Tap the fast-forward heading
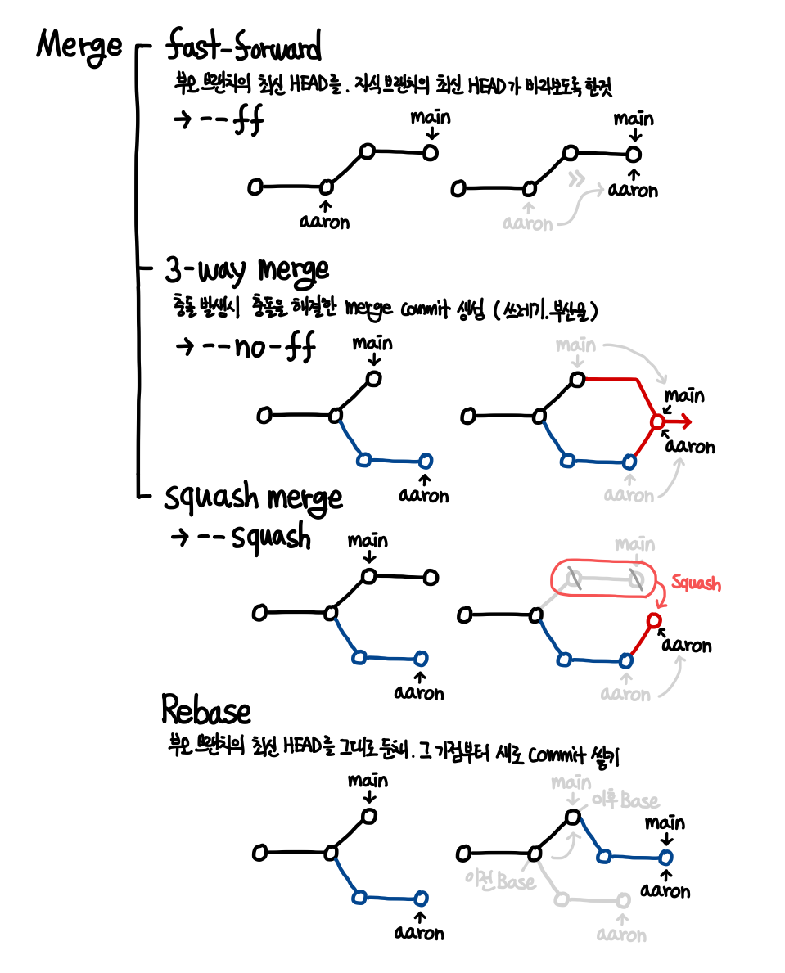243,46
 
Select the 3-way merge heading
246,269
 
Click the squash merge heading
254,497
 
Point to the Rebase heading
205,710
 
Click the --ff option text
217,120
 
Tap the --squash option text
241,538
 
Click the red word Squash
696,583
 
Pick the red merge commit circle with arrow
656,421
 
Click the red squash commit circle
653,621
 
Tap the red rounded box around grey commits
604,579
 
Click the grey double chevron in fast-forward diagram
580,178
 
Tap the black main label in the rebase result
665,822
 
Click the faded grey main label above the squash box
634,544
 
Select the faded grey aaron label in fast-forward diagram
528,223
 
